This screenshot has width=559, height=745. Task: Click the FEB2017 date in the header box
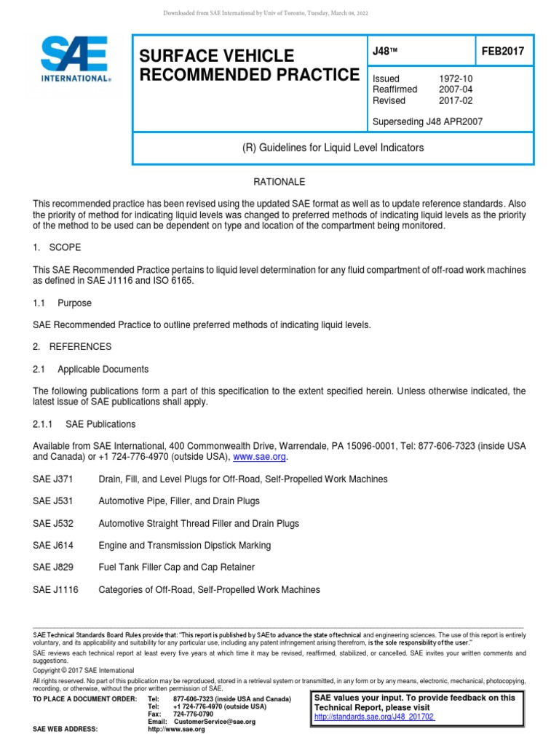pos(502,52)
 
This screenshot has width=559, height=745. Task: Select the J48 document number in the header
pos(384,52)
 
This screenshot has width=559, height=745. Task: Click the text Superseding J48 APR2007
pos(427,121)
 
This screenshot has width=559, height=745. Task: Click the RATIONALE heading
pos(279,181)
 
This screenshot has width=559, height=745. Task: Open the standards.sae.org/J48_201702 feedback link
pos(374,717)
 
